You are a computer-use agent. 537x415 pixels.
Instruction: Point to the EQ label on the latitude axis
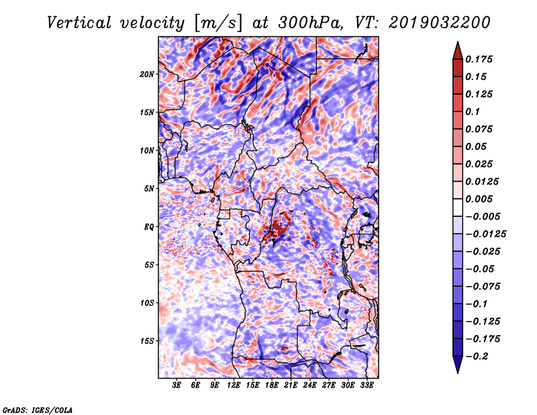149,227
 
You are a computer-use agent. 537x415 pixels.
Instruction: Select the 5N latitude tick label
150,189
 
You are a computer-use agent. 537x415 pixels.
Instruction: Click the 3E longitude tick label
177,385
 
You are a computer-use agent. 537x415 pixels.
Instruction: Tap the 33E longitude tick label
367,385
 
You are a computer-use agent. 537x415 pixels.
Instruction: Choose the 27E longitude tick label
329,385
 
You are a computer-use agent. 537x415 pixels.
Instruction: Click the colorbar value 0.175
481,59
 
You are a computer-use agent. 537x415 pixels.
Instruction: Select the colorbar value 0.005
481,199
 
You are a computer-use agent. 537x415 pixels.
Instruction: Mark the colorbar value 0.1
474,111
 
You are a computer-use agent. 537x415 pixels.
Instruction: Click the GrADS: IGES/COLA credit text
37,409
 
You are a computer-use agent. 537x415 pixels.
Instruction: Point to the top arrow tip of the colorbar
457,43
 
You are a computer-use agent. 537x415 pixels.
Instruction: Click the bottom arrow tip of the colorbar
457,371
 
